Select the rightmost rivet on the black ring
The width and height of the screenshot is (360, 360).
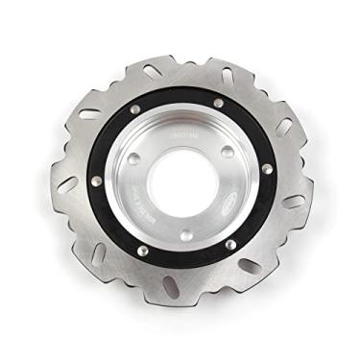267,170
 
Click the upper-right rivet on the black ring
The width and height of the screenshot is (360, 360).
219,103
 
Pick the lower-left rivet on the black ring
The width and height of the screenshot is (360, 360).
145,252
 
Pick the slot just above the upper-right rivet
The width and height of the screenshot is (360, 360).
228,76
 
